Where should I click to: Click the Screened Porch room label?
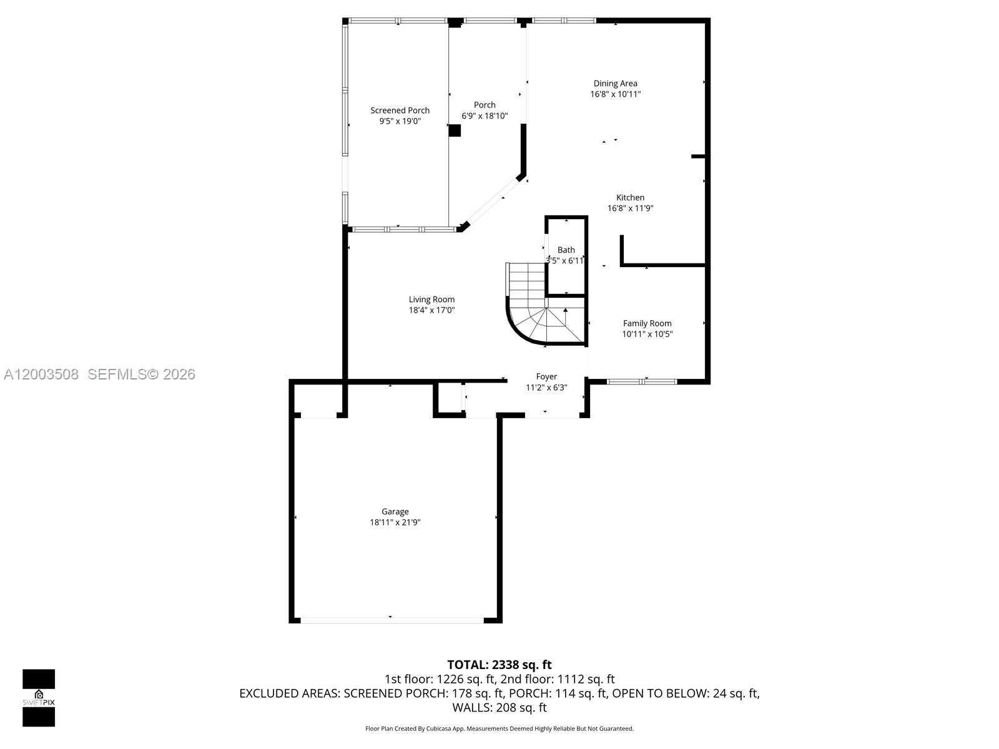400,110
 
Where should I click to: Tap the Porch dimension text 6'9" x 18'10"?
485,116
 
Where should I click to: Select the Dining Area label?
615,84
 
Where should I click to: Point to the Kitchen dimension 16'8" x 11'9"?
630,208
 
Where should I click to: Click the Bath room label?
566,250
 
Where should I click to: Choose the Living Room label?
431,300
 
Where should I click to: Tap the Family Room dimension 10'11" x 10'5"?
647,334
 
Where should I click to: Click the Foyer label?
546,376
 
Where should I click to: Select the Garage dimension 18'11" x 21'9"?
395,522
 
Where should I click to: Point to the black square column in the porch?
455,130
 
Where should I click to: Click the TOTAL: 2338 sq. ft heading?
499,665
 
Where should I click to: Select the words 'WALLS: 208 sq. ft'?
499,707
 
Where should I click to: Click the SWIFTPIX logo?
39,698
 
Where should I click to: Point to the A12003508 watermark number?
41,374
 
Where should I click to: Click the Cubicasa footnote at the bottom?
499,728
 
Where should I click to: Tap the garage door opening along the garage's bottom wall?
391,620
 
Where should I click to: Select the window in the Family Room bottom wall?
642,381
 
